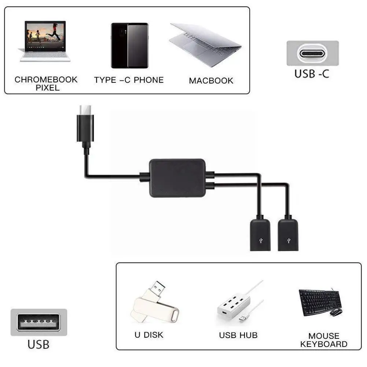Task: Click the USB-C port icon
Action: coord(312,54)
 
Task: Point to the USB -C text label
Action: coord(312,73)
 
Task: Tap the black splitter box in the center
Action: coord(177,178)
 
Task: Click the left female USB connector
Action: coord(260,234)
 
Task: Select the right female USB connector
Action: coord(288,234)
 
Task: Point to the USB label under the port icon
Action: coord(38,345)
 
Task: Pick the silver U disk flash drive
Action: coord(154,304)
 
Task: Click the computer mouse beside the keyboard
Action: coord(336,312)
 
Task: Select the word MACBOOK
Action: coord(211,81)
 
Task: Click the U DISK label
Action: coord(148,335)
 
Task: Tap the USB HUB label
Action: coord(238,335)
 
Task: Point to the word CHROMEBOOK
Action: coord(46,80)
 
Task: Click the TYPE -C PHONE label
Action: coord(129,80)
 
